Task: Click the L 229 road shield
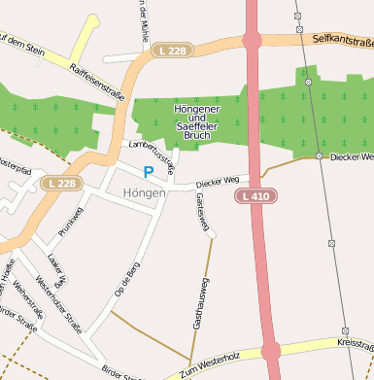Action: click(x=171, y=50)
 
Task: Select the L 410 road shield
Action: click(x=255, y=196)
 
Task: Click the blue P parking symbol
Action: click(x=149, y=172)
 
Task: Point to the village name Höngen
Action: click(x=145, y=193)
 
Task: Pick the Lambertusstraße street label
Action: click(x=153, y=155)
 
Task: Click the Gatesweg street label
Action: click(x=202, y=211)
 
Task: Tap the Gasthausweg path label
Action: click(x=199, y=302)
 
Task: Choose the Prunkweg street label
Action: click(x=72, y=222)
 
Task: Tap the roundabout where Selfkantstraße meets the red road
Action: click(x=253, y=41)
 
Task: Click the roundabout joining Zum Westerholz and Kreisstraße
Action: click(x=271, y=351)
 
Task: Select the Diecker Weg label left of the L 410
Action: click(x=217, y=181)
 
